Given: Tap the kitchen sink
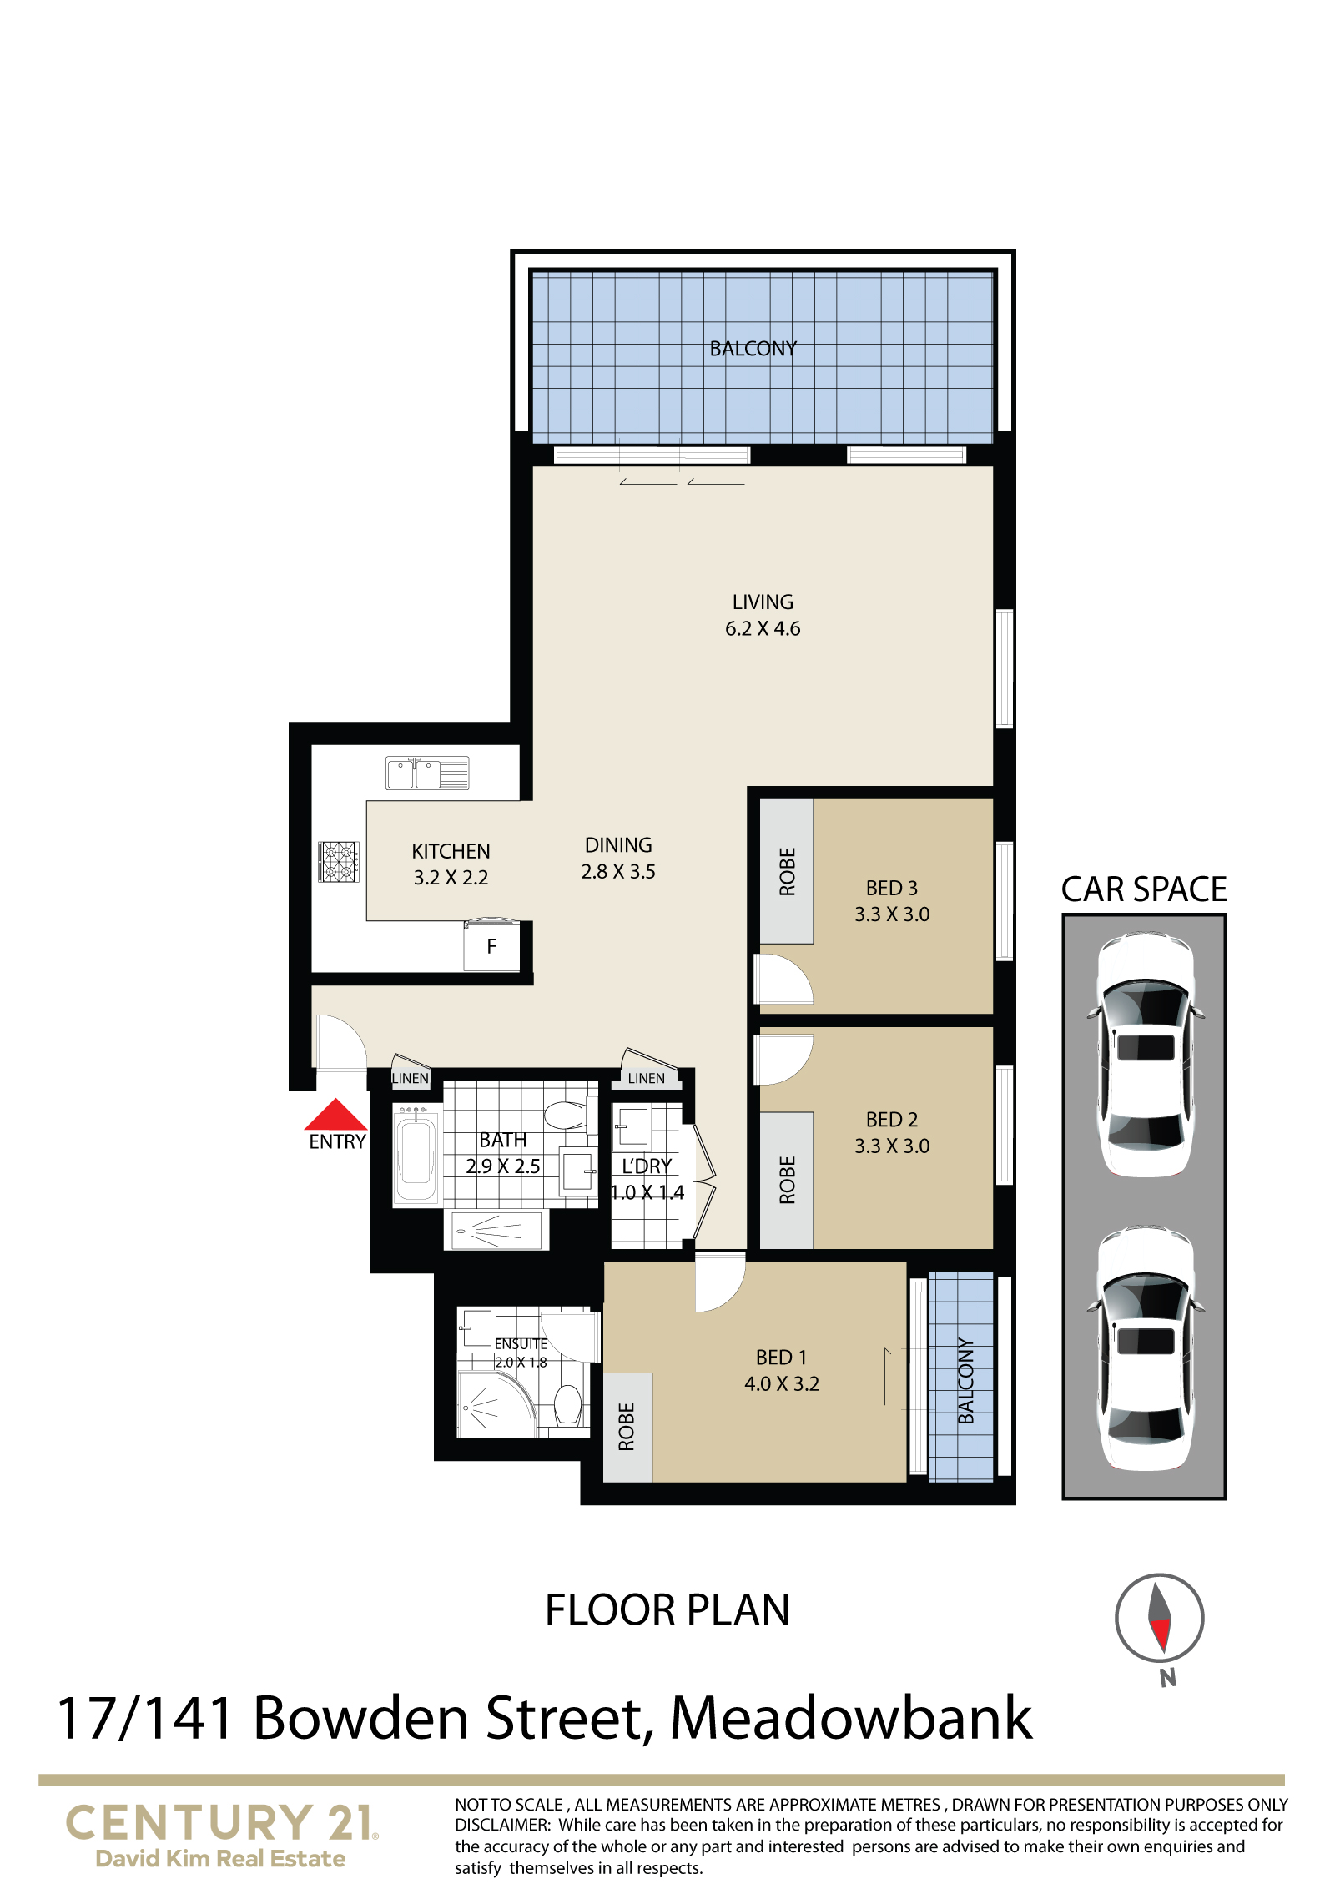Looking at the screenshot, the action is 427,773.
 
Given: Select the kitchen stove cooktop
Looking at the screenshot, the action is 339,862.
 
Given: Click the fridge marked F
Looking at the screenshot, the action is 491,945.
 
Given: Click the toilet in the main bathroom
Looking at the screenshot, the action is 571,1114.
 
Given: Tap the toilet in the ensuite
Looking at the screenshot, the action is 568,1404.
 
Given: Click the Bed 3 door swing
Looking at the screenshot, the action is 783,979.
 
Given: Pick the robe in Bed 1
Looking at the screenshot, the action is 627,1427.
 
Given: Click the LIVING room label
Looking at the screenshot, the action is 763,602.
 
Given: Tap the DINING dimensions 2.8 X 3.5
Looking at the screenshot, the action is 618,872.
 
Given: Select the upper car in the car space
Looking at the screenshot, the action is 1145,1055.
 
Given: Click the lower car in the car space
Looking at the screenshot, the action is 1145,1350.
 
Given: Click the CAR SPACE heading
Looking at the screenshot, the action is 1144,889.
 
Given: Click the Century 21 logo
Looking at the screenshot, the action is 221,1834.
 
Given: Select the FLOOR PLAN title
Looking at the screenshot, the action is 667,1609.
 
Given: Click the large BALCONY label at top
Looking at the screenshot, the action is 753,349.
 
